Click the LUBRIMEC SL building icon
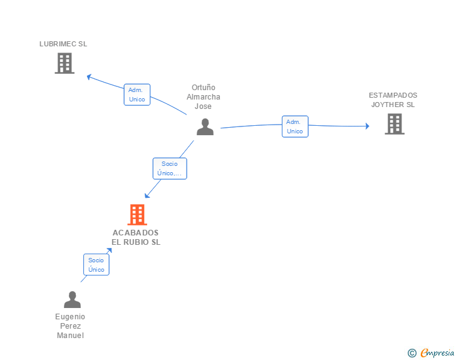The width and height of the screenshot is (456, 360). click(65, 63)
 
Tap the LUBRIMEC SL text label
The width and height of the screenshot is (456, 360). click(63, 44)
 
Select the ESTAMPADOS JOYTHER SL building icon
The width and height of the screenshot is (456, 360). click(394, 124)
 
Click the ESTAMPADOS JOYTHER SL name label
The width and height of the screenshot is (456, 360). click(393, 100)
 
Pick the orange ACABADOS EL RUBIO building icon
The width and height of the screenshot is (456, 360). click(137, 215)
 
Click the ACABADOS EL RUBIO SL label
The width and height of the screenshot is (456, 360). click(136, 237)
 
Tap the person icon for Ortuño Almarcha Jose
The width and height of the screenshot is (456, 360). click(205, 126)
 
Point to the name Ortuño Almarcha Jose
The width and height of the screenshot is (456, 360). click(204, 97)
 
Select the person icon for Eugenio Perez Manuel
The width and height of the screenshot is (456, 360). click(72, 300)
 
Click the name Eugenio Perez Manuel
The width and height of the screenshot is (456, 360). click(70, 326)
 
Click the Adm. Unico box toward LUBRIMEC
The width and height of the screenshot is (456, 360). click(137, 95)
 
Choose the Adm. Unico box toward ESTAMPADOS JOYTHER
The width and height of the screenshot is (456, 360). click(294, 126)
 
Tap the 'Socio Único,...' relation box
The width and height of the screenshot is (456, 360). click(170, 168)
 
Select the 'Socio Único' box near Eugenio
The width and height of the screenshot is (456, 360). click(96, 264)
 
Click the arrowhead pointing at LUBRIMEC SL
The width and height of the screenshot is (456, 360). click(89, 76)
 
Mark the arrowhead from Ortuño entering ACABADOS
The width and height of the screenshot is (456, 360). click(147, 196)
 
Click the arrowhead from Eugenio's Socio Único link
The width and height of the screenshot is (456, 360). click(110, 250)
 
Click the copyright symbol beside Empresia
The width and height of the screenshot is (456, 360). click(412, 353)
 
